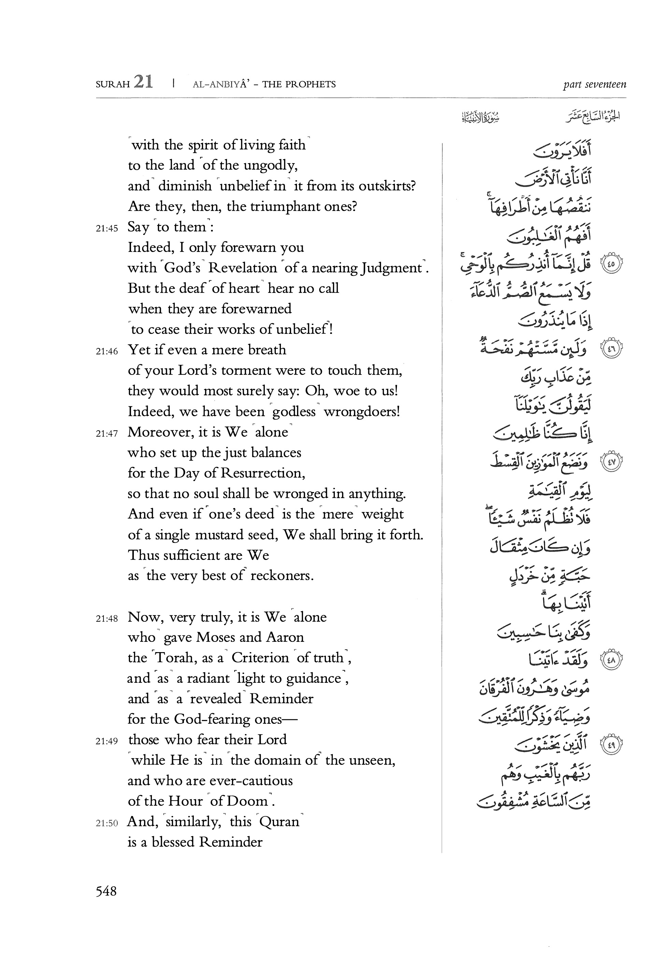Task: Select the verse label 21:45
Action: (107, 228)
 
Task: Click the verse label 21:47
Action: (107, 434)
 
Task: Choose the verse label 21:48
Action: (107, 619)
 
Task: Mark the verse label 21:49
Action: (107, 742)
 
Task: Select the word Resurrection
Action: (262, 473)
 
